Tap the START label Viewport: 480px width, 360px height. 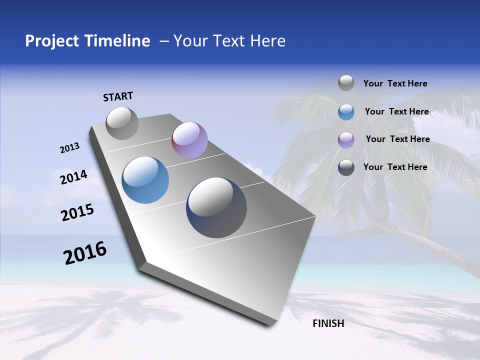point(118,96)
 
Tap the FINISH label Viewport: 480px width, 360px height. point(328,323)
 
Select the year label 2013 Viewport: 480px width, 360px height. point(70,148)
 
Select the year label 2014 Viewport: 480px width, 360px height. point(74,177)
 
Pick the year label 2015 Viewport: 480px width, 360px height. point(77,212)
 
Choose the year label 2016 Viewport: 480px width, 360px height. point(85,253)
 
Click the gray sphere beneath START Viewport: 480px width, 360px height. point(122,123)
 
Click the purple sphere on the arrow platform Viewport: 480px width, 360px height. point(189,140)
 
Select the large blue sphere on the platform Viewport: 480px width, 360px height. point(145,180)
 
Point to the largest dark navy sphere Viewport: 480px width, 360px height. point(216,207)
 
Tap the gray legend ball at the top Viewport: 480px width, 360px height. point(346,83)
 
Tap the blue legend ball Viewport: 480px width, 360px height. point(346,112)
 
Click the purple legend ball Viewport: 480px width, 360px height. point(346,140)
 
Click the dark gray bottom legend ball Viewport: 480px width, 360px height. point(346,168)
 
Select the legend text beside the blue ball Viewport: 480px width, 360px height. point(396,111)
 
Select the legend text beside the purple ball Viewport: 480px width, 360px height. point(397,139)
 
